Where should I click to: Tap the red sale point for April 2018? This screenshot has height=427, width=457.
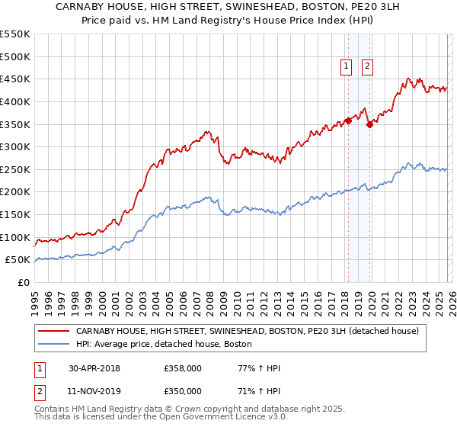pyautogui.click(x=348, y=120)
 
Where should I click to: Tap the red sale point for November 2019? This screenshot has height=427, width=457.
pyautogui.click(x=369, y=124)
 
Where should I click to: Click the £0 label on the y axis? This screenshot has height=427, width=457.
pyautogui.click(x=24, y=282)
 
